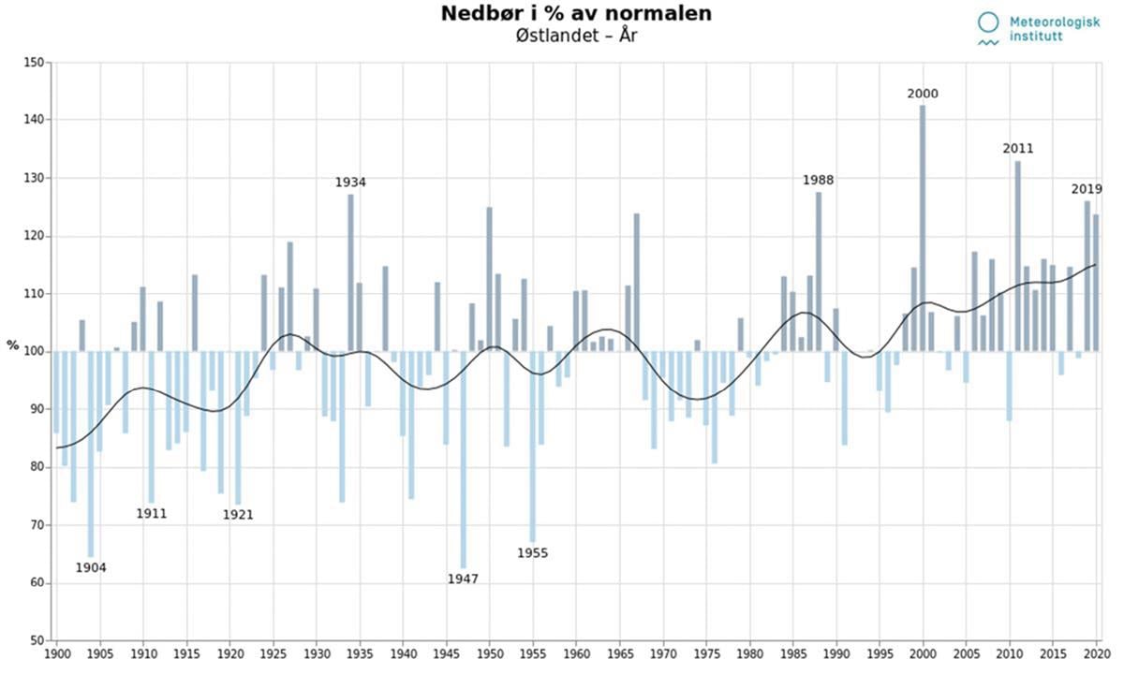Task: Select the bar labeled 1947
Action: click(463, 459)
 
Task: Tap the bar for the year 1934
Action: click(350, 271)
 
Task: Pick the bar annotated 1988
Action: click(819, 271)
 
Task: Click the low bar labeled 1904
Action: click(91, 453)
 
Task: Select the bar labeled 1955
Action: click(532, 446)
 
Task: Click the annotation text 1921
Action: click(238, 514)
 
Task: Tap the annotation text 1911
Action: click(151, 513)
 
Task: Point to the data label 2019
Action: click(1087, 189)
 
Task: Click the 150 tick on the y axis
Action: click(35, 63)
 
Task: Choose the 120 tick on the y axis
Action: click(35, 236)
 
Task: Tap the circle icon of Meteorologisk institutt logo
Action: click(987, 22)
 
